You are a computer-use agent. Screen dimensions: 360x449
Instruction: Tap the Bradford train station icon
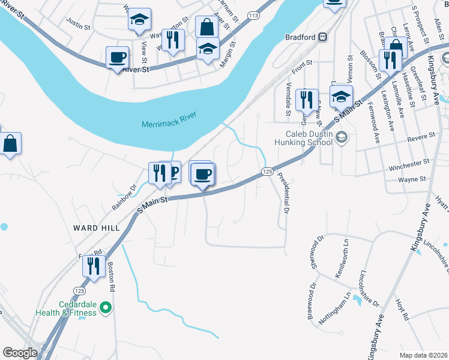tap(322, 37)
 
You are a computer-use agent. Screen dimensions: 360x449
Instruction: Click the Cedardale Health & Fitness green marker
tap(106, 308)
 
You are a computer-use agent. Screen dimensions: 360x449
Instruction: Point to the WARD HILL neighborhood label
tap(97, 228)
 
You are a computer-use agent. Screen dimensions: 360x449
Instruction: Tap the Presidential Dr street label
tap(283, 194)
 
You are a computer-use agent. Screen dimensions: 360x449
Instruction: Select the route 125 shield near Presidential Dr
tap(268, 172)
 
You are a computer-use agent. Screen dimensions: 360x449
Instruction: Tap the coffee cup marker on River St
tap(117, 58)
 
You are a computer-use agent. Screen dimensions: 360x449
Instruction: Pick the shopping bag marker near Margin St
tap(206, 26)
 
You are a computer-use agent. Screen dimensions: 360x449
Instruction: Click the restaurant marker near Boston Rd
tap(94, 265)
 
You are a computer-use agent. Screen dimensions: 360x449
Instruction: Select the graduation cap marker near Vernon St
tap(341, 96)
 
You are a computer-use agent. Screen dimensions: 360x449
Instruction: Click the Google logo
tap(20, 353)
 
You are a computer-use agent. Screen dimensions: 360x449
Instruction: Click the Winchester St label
tap(409, 162)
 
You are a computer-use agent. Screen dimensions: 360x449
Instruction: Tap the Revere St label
tap(421, 137)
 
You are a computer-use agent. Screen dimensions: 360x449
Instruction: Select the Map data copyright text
tap(423, 355)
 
